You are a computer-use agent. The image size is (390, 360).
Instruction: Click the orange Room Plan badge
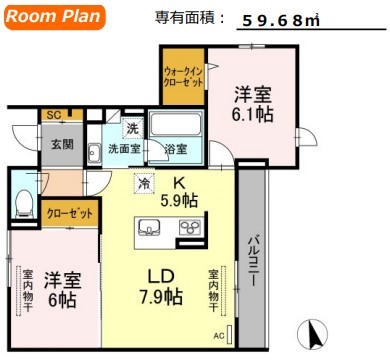[x=54, y=18]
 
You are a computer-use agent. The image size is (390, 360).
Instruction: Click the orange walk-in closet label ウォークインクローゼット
[x=183, y=77]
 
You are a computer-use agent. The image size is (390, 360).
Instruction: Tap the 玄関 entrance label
[x=61, y=144]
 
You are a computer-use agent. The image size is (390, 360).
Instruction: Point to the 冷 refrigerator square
[x=144, y=184]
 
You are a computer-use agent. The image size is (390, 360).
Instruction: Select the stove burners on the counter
[x=188, y=228]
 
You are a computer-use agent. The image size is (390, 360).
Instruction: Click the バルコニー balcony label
[x=252, y=260]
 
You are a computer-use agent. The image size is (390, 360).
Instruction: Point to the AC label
[x=219, y=337]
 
